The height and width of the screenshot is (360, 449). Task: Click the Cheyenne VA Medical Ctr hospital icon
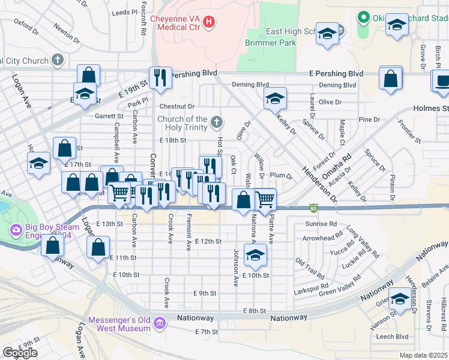pyautogui.click(x=209, y=23)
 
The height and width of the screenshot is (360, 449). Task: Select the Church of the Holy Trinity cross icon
pyautogui.click(x=217, y=123)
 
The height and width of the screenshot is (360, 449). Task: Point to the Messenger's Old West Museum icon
pyautogui.click(x=160, y=324)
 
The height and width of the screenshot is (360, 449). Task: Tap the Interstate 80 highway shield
pyautogui.click(x=313, y=208)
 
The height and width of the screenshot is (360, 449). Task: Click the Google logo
pyautogui.click(x=20, y=353)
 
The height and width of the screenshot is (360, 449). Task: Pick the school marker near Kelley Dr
pyautogui.click(x=275, y=98)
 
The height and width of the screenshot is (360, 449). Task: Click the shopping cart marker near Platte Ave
pyautogui.click(x=265, y=199)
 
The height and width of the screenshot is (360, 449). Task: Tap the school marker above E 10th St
pyautogui.click(x=255, y=256)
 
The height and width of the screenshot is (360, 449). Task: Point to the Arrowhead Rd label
pyautogui.click(x=322, y=238)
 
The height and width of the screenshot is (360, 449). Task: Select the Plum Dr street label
pyautogui.click(x=280, y=176)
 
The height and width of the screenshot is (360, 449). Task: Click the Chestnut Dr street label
pyautogui.click(x=177, y=106)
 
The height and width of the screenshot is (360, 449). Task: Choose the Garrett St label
pyautogui.click(x=108, y=116)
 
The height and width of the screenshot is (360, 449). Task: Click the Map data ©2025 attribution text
pyautogui.click(x=423, y=355)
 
